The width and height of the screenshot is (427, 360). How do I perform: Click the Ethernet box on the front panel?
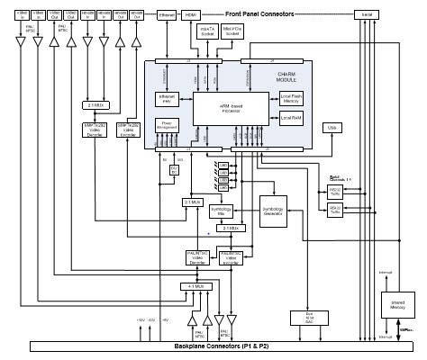point(167,16)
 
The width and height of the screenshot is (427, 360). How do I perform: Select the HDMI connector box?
point(190,16)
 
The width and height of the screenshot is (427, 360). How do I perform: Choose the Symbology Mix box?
point(221,211)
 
